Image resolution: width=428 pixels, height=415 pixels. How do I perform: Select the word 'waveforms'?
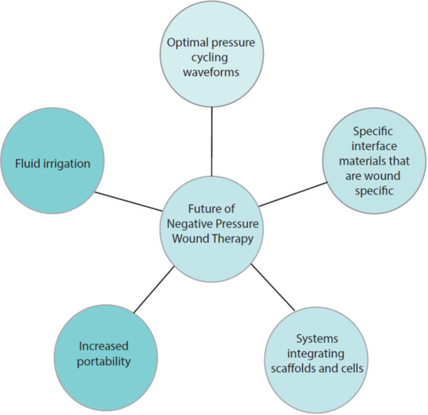(211, 72)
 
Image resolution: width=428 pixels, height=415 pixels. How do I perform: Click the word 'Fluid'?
(28, 163)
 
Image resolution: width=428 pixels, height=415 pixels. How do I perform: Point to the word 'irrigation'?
(67, 163)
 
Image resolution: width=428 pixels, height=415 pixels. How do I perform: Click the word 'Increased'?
(103, 346)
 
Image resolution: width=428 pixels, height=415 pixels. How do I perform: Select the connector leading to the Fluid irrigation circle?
(130, 201)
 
